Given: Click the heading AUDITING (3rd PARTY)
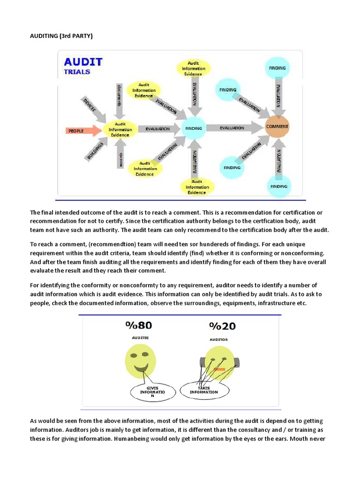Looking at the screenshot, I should tap(59, 36).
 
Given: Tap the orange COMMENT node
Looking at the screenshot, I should tap(277, 127).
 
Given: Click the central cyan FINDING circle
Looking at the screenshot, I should tap(194, 128).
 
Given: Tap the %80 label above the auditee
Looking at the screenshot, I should tap(138, 325).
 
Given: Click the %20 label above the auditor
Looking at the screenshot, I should tap(222, 326).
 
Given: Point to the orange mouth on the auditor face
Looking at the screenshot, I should tap(219, 369).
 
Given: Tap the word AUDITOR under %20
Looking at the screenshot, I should tap(219, 339).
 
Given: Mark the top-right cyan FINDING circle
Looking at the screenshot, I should tap(277, 68).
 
